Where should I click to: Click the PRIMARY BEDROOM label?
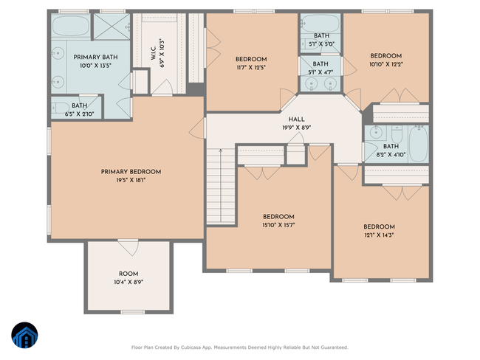pyautogui.click(x=131, y=172)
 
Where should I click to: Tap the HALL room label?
pyautogui.click(x=296, y=120)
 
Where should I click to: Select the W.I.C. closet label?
pyautogui.click(x=154, y=53)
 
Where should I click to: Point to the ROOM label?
pyautogui.click(x=128, y=274)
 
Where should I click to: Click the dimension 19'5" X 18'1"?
pyautogui.click(x=131, y=180)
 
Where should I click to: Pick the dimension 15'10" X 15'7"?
pyautogui.click(x=278, y=225)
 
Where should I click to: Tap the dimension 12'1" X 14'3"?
pyautogui.click(x=379, y=235)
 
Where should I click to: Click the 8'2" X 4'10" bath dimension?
pyautogui.click(x=391, y=154)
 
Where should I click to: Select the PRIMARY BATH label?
pyautogui.click(x=95, y=58)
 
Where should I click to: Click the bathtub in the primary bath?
pyautogui.click(x=71, y=26)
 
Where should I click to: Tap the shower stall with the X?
pyautogui.click(x=112, y=27)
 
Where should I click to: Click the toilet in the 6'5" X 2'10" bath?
pyautogui.click(x=61, y=108)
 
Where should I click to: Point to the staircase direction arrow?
pyautogui.click(x=220, y=185)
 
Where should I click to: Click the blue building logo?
pyautogui.click(x=25, y=335)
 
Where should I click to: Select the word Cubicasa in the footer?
pyautogui.click(x=191, y=347)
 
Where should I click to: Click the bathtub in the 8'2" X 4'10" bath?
pyautogui.click(x=418, y=144)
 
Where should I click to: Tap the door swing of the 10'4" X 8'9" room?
pyautogui.click(x=128, y=248)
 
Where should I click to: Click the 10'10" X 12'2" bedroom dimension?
pyautogui.click(x=385, y=64)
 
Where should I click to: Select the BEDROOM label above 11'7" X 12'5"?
pyautogui.click(x=251, y=59)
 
